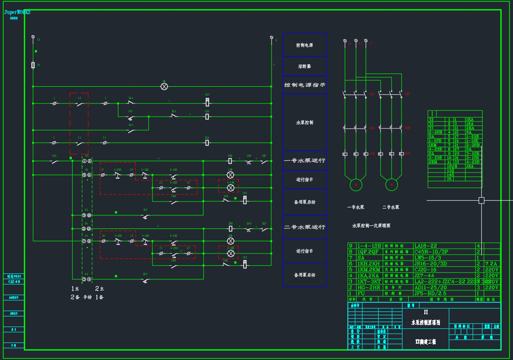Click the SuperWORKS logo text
click(x=18, y=12)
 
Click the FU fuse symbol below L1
click(x=33, y=65)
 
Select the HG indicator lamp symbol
click(x=164, y=87)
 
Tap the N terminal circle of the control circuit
click(x=272, y=38)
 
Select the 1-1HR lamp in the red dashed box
click(x=230, y=187)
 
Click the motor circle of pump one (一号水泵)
click(x=356, y=185)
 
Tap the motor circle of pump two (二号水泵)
click(x=391, y=185)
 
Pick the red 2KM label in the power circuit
click(x=407, y=128)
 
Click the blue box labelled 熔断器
click(x=304, y=66)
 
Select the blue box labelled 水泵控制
click(x=304, y=122)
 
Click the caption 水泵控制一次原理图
click(x=371, y=226)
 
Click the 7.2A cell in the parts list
click(x=491, y=263)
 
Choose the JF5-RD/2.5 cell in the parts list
click(x=430, y=293)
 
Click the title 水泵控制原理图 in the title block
click(x=425, y=323)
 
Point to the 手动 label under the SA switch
click(x=88, y=297)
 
